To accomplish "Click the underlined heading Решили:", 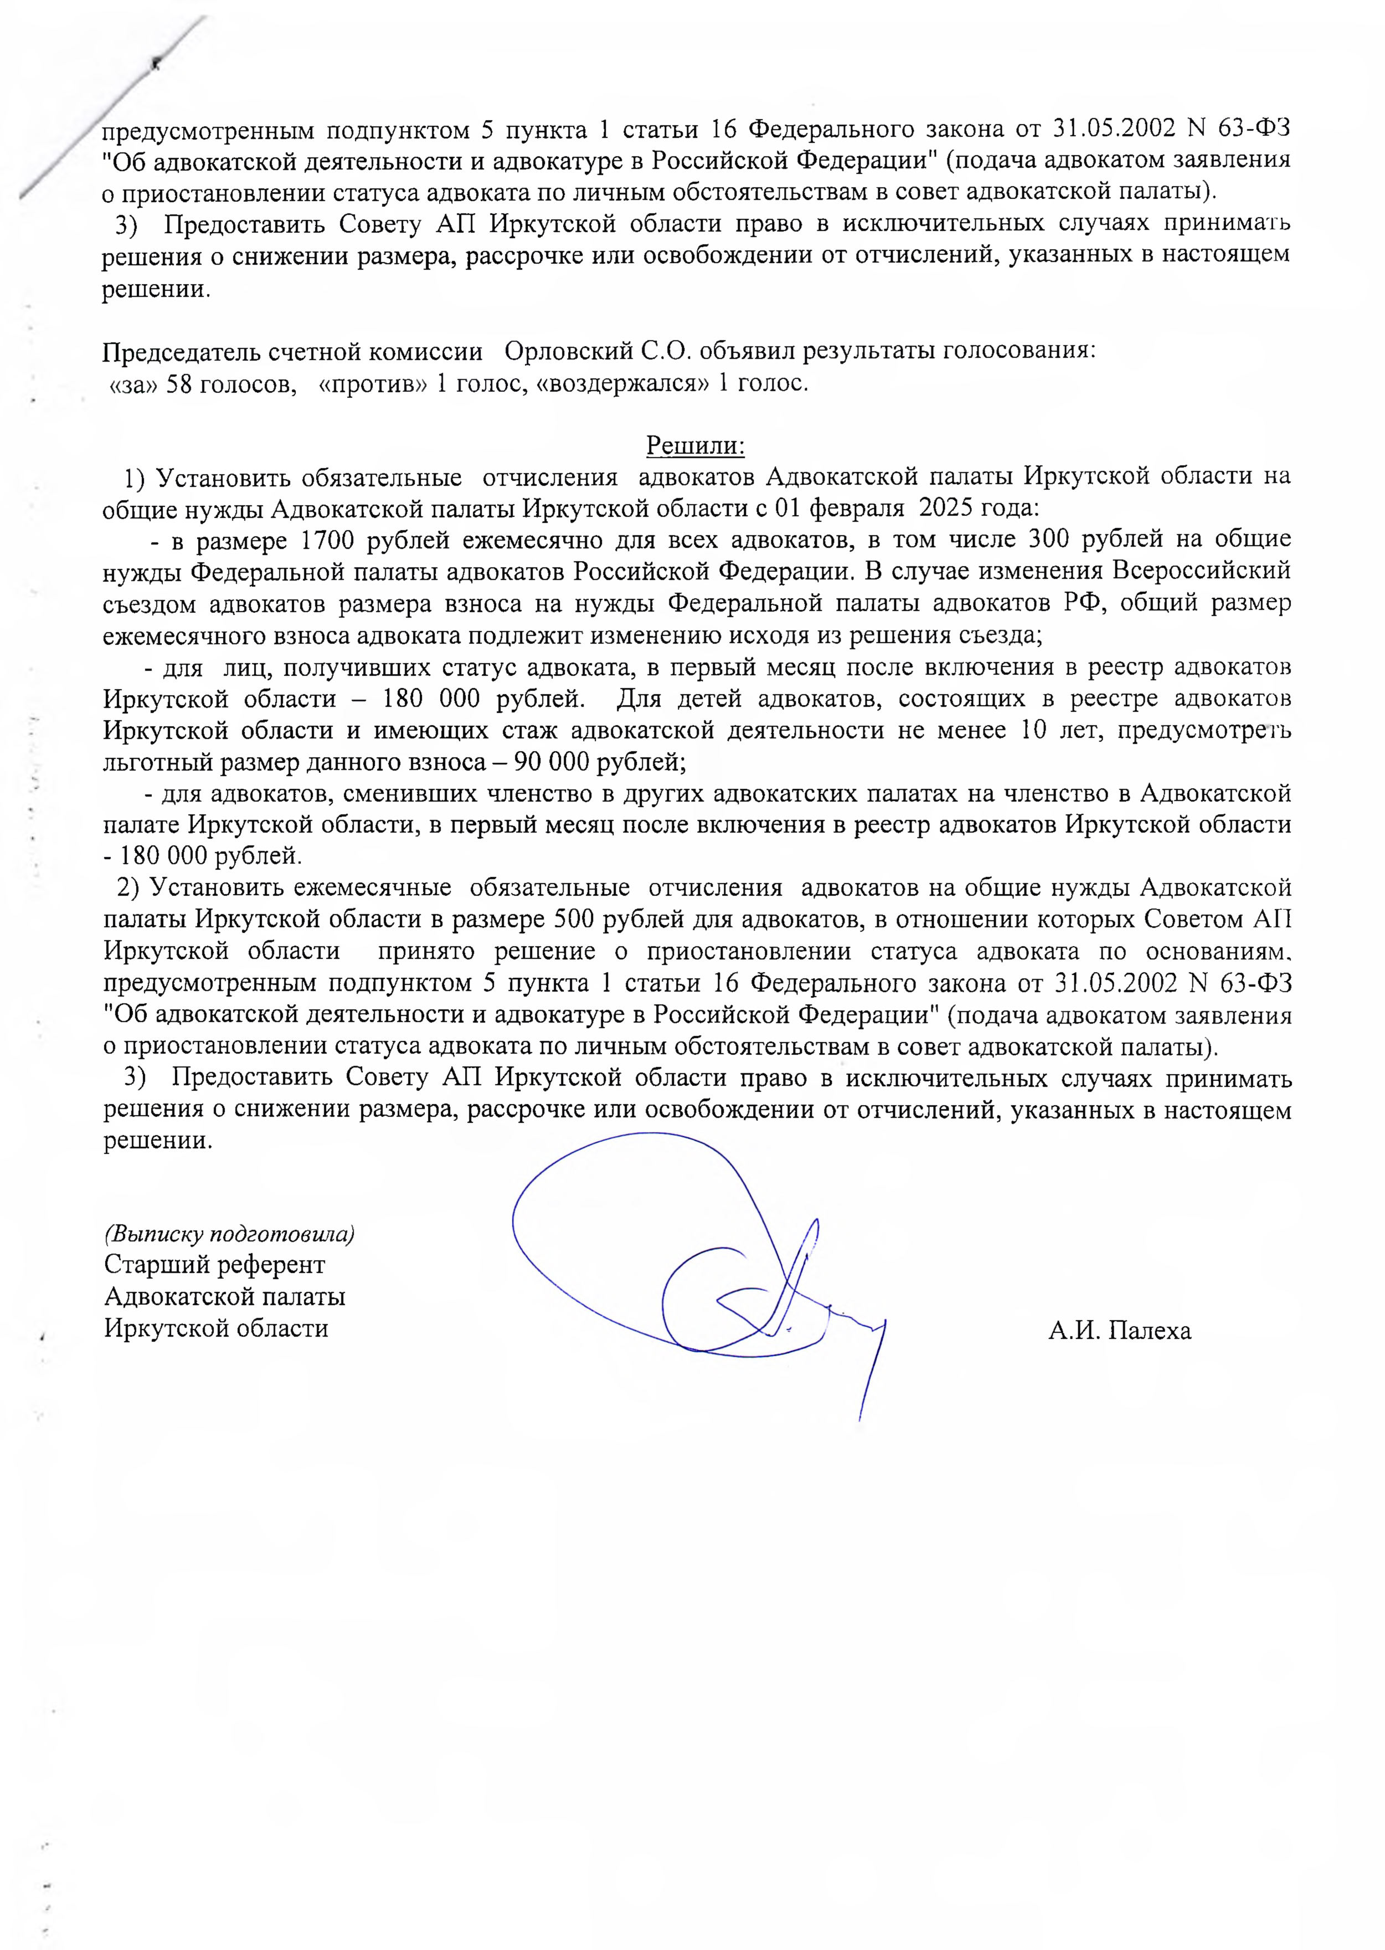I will (695, 445).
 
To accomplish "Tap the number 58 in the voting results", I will (178, 384).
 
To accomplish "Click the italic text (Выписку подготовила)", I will (229, 1234).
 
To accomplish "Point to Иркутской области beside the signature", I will (216, 1329).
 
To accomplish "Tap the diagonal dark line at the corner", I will (111, 111).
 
